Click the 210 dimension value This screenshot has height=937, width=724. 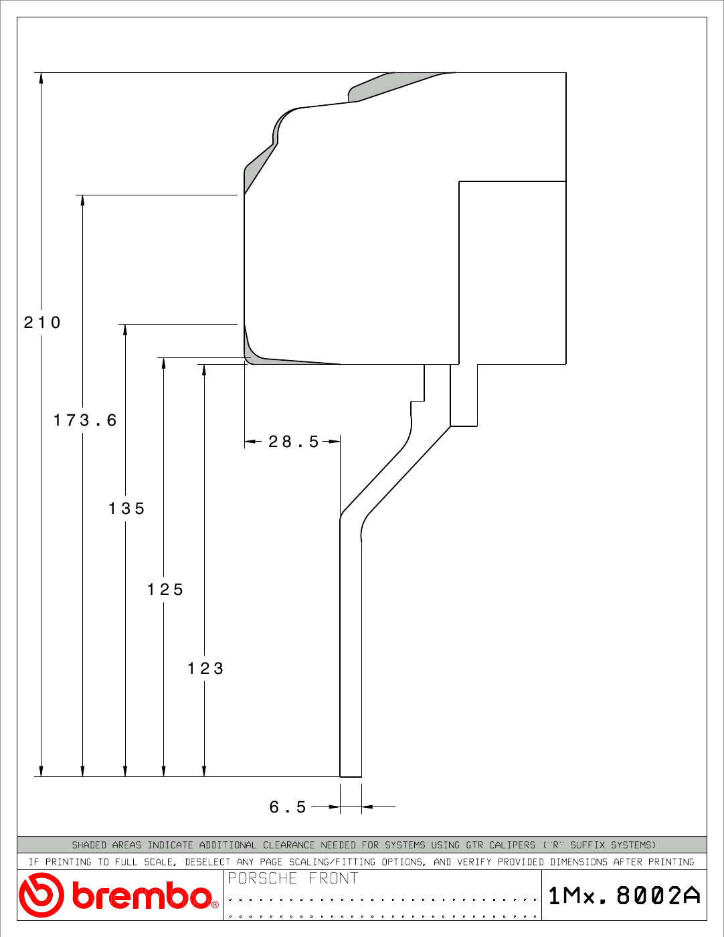pos(41,323)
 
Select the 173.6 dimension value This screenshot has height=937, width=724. pos(85,420)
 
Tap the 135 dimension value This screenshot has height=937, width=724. pos(126,509)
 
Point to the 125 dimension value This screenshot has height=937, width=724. pos(165,590)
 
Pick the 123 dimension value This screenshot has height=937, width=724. pos(205,669)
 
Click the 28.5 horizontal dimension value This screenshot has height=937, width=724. pos(293,442)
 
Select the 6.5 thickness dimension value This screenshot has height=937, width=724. pos(288,806)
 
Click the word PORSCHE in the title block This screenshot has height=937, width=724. pos(262,878)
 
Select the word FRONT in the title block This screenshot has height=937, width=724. pos(333,878)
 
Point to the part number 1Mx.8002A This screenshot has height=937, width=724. pos(624,896)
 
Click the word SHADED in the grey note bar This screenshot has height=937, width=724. pos(89,845)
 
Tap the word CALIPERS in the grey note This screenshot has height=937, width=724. pos(512,845)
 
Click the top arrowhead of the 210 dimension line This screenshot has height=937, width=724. pos(41,78)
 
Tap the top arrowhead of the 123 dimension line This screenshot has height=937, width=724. pos(204,369)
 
